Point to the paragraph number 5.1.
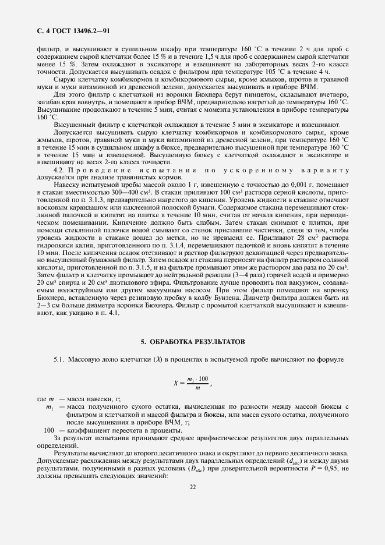[60, 360]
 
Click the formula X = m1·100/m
[192, 383]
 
